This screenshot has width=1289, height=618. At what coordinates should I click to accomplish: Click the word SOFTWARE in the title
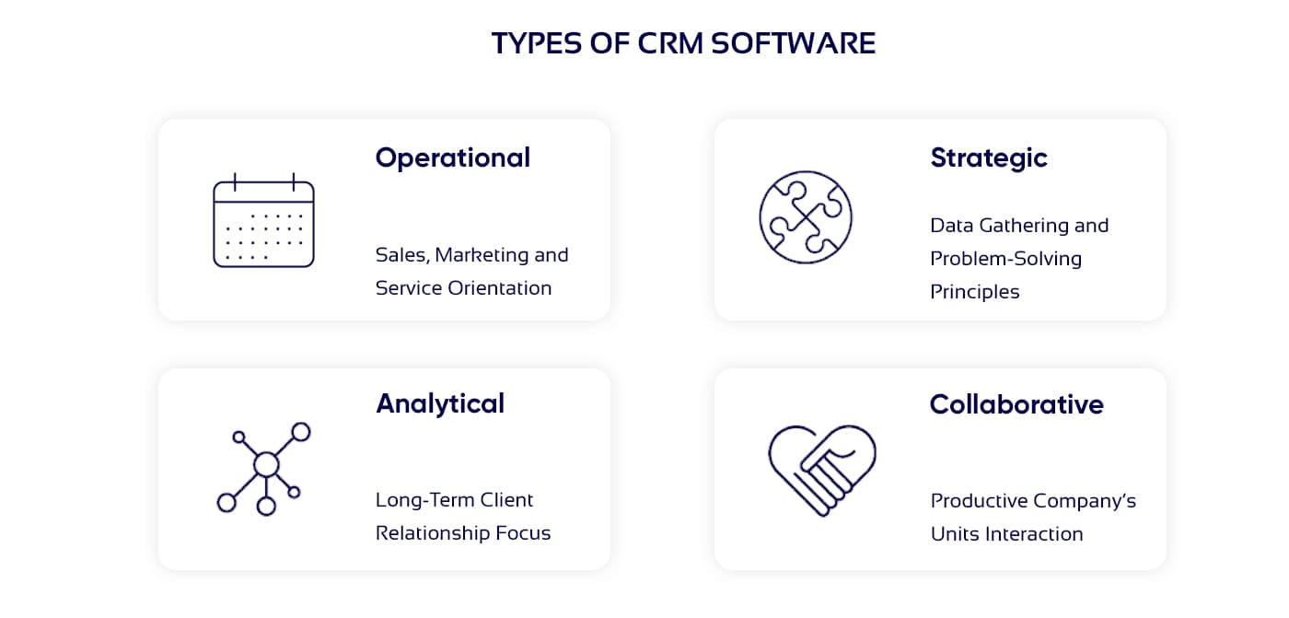pyautogui.click(x=793, y=43)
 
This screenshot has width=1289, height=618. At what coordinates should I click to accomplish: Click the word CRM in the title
pyautogui.click(x=670, y=43)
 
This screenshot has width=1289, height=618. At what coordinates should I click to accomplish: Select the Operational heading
pyautogui.click(x=453, y=158)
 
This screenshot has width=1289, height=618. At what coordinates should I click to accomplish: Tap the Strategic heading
pyautogui.click(x=989, y=158)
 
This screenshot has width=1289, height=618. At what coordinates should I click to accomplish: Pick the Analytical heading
pyautogui.click(x=440, y=404)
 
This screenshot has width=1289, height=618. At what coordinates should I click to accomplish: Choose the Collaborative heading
pyautogui.click(x=1016, y=404)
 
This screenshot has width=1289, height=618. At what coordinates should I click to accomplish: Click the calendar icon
pyautogui.click(x=263, y=220)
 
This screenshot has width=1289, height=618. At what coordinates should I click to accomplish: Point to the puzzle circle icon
pyautogui.click(x=806, y=217)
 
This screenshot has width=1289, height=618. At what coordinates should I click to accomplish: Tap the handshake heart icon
pyautogui.click(x=822, y=470)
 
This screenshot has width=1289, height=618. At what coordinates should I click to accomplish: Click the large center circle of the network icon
pyautogui.click(x=266, y=464)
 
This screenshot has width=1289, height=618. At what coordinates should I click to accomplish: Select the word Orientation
pyautogui.click(x=499, y=287)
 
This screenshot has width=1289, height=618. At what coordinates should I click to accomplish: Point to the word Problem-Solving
pyautogui.click(x=1005, y=260)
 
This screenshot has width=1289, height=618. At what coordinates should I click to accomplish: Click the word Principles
pyautogui.click(x=975, y=293)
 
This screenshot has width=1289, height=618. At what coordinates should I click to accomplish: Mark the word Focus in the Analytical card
pyautogui.click(x=523, y=533)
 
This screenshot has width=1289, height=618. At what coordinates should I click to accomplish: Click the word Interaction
pyautogui.click(x=1034, y=534)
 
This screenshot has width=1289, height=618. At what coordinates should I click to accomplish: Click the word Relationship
pyautogui.click(x=433, y=533)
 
